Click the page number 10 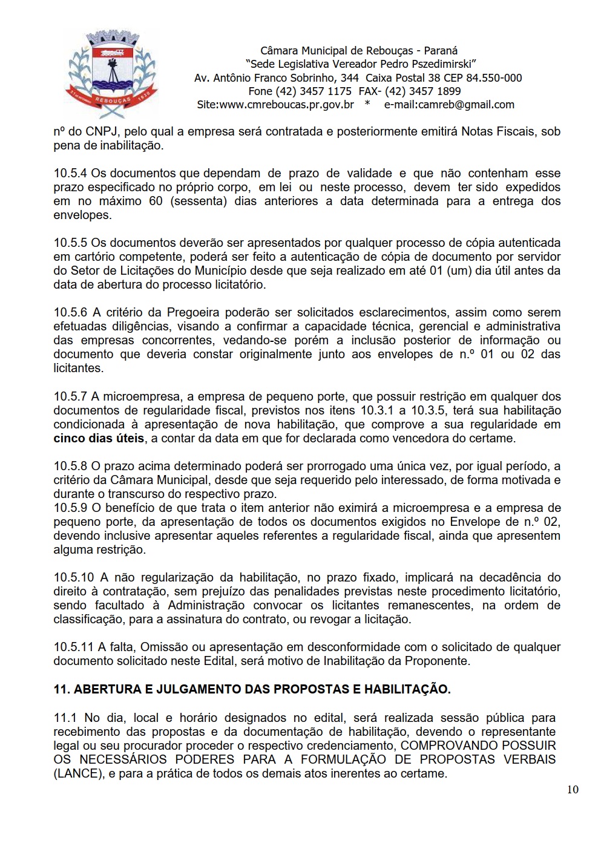coord(573,789)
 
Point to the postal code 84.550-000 coord(494,78)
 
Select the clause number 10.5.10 coord(73,578)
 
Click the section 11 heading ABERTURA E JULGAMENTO coord(252,689)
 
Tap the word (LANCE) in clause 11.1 coord(78,774)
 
